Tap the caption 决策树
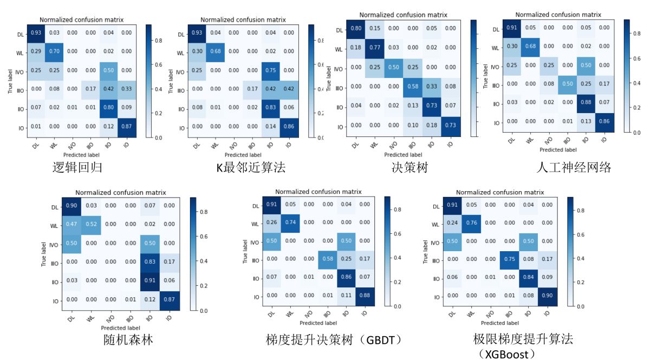[410, 167]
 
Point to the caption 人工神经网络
[574, 167]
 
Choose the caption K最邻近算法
[251, 168]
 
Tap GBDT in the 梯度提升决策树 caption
[384, 340]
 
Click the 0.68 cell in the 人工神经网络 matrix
[529, 47]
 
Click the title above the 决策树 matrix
[402, 15]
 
